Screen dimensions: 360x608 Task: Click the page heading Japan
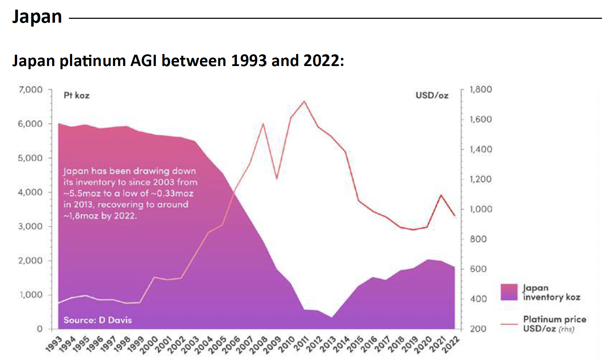(37, 17)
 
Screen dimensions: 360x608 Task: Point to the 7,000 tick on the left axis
(31, 89)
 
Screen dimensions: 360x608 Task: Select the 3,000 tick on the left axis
(31, 226)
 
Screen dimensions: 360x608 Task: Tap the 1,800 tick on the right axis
(481, 89)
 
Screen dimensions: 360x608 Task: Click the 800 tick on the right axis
(478, 239)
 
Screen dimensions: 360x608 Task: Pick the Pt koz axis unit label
(76, 96)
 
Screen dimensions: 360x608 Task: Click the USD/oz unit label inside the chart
(432, 96)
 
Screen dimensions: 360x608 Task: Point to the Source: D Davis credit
(98, 320)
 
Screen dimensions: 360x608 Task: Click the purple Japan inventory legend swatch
(509, 292)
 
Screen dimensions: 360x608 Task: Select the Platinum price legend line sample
(509, 324)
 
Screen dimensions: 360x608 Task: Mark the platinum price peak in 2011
(304, 101)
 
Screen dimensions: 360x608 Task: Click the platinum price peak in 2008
(263, 124)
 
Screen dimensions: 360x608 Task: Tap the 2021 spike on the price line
(441, 195)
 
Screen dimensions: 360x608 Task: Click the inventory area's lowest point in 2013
(331, 317)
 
